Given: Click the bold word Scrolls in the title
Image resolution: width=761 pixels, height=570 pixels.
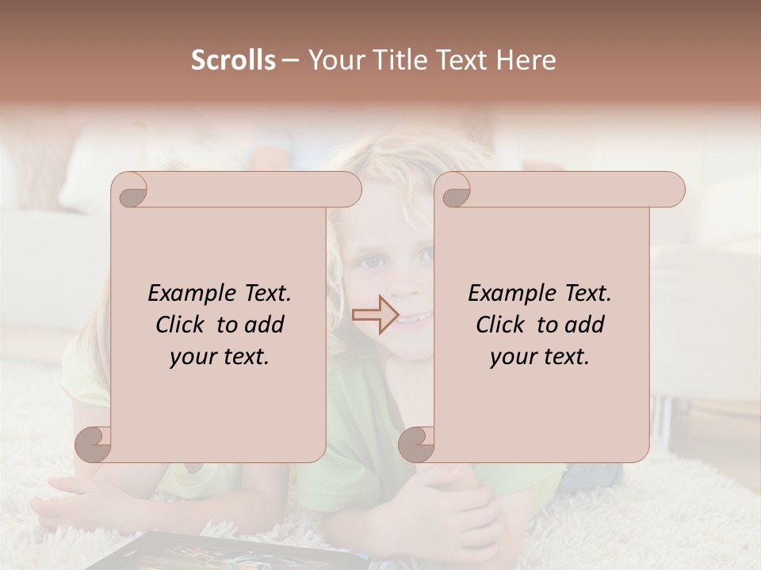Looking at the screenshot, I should tap(234, 60).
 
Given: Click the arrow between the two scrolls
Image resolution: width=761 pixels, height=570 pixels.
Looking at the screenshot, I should tap(376, 314).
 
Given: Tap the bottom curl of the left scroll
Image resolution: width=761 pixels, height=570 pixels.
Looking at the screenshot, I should tap(94, 443).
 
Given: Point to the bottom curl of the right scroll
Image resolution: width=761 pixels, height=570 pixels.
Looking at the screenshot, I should tap(416, 443).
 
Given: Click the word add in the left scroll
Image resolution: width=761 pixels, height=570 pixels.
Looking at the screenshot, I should tap(265, 325).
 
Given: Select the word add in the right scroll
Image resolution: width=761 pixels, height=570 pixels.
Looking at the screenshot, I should tap(585, 325).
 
